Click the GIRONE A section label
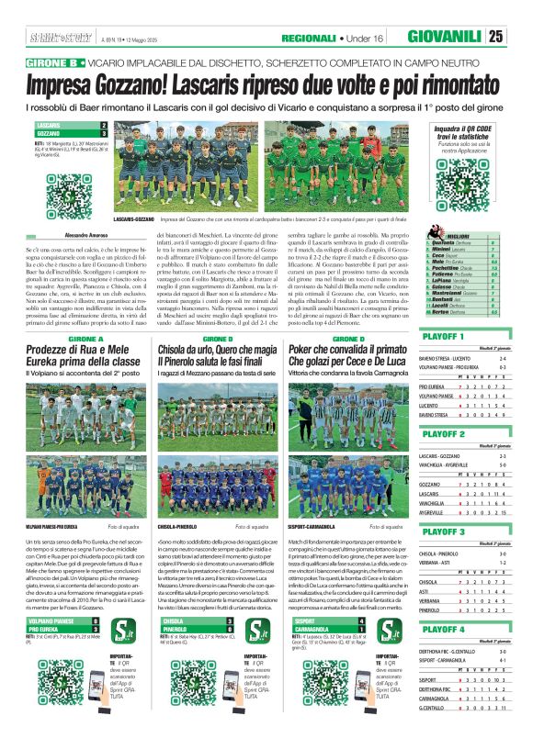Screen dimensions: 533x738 [x=85, y=314]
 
